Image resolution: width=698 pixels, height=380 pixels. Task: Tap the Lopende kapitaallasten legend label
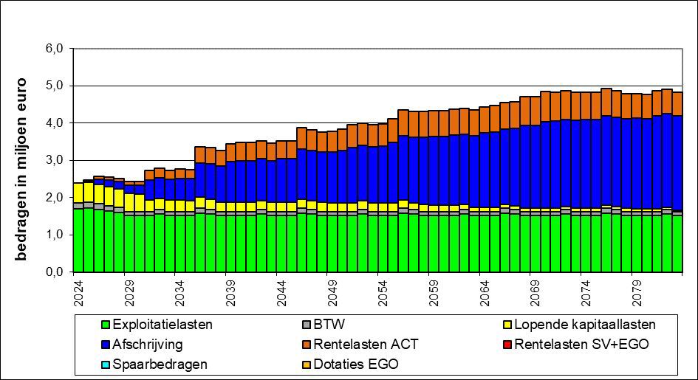point(585,324)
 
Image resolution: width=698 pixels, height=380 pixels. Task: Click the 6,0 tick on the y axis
point(57,49)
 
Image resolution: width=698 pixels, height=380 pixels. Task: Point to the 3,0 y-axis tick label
point(57,160)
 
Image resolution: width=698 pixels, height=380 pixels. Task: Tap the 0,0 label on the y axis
point(57,272)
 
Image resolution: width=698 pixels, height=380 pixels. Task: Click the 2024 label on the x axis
point(79,288)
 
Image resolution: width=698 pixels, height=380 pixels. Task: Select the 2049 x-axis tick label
point(332,288)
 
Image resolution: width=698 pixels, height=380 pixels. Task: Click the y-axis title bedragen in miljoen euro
point(22,158)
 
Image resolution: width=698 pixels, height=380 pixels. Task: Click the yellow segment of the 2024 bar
point(78,192)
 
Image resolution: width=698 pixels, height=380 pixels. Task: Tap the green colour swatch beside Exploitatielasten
point(106,325)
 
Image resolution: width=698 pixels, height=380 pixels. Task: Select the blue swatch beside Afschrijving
point(106,345)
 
